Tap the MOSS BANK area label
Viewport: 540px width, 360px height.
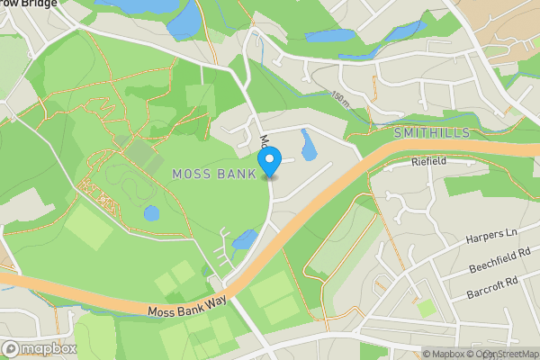click(x=212, y=173)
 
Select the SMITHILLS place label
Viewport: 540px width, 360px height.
click(x=433, y=132)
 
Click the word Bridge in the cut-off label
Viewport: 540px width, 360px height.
click(x=43, y=4)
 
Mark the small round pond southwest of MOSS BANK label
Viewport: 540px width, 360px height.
click(x=151, y=214)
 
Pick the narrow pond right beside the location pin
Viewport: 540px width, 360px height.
click(x=308, y=144)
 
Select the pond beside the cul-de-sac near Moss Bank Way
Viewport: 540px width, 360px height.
click(x=244, y=239)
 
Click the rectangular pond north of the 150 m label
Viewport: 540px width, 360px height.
click(x=329, y=38)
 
